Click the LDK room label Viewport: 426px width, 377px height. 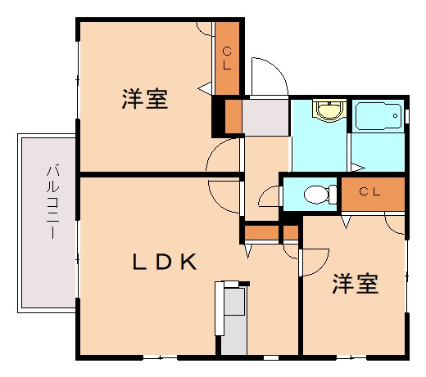coord(165,263)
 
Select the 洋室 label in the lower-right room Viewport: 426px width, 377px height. coord(355,285)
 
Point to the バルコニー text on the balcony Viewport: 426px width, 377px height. coord(51,201)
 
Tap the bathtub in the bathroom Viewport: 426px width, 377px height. coord(378,118)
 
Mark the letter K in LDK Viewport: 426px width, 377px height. coord(188,263)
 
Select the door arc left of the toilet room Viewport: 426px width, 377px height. coord(269,197)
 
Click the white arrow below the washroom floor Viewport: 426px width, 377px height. coord(356,168)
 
